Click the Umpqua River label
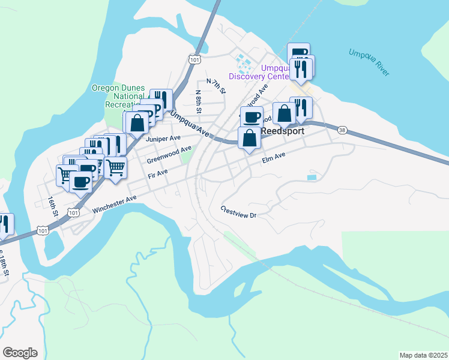(369, 62)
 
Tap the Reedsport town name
(282, 131)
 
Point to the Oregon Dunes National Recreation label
(118, 96)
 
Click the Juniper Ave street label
(163, 138)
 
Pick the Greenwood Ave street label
(169, 154)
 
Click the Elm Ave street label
(273, 158)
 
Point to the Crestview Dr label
(238, 212)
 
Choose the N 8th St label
(199, 101)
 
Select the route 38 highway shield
(342, 130)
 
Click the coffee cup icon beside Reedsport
(252, 116)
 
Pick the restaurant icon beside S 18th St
(4, 224)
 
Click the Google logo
(20, 353)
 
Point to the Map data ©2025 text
(423, 355)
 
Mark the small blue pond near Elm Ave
(311, 178)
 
